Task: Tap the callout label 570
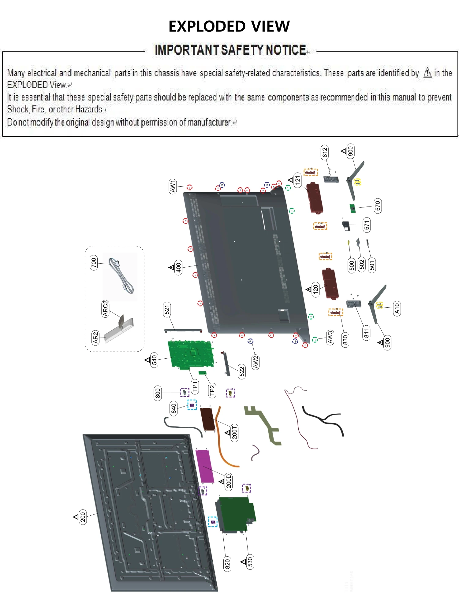[378, 206]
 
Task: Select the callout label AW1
[173, 186]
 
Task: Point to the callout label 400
[178, 268]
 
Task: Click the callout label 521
[167, 310]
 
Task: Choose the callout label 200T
[234, 432]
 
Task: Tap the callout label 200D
[229, 481]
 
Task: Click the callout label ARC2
[105, 309]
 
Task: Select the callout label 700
[94, 263]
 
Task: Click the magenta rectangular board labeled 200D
[204, 466]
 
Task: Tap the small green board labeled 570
[353, 209]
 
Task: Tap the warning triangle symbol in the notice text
[427, 73]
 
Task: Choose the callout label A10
[397, 309]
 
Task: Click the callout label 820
[227, 564]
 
